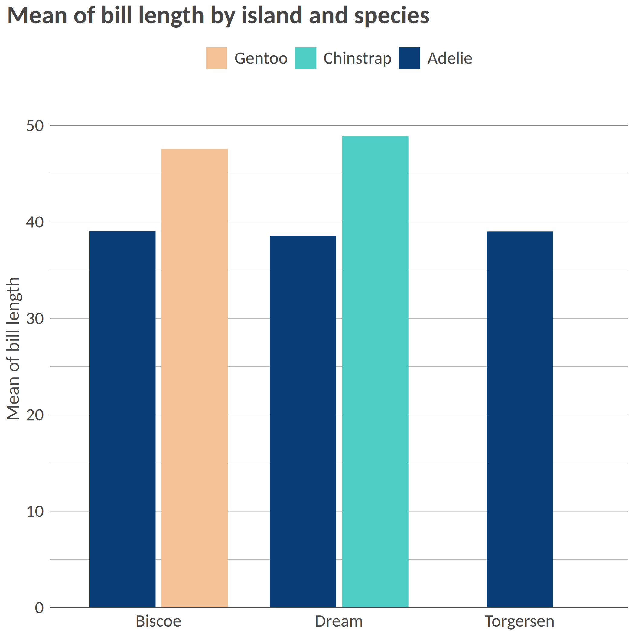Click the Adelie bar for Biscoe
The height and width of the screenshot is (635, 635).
122,419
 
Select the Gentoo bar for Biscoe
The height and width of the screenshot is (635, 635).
194,378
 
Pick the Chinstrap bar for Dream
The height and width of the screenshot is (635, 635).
375,371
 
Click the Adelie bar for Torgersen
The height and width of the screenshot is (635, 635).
519,419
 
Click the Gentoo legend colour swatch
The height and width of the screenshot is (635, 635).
217,58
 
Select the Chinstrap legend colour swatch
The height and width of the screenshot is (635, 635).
306,58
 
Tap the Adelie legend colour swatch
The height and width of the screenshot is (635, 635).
409,58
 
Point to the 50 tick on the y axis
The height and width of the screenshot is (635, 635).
35,126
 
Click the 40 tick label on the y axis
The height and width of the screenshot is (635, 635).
35,222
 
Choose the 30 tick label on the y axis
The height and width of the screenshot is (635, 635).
35,318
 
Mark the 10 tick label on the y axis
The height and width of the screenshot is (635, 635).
35,511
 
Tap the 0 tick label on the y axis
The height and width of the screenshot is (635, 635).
39,608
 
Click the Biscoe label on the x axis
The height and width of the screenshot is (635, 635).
158,621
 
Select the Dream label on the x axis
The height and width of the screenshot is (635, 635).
339,621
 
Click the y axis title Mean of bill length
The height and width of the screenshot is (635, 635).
14,348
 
